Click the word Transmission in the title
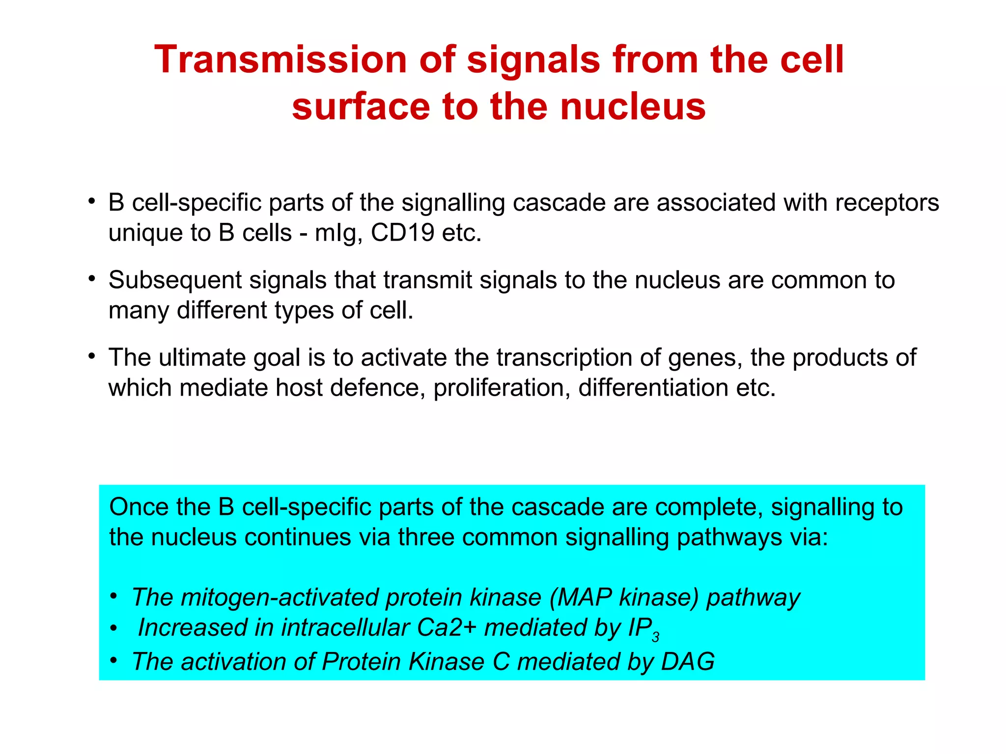pos(280,60)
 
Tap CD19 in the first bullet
pos(402,233)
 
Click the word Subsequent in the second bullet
pos(175,280)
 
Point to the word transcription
pos(563,358)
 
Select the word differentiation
pos(653,388)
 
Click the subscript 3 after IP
pos(655,638)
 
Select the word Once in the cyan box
pos(139,507)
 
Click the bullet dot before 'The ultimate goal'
pos(91,355)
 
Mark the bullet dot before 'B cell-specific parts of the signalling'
pos(91,201)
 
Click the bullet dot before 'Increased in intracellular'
pos(114,628)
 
